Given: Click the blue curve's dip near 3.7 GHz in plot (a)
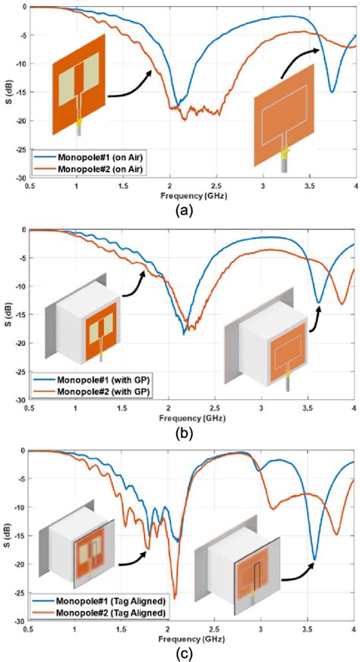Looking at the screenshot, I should tap(331, 92).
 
